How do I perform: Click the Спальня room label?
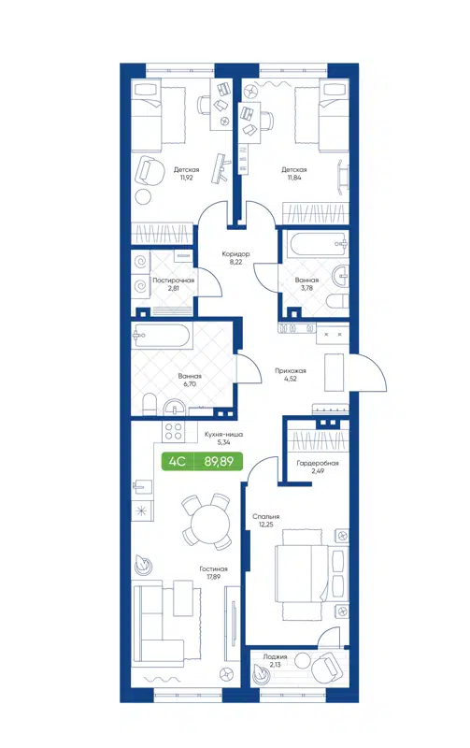[266, 515]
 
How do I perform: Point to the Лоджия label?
[275, 657]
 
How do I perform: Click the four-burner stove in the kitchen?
[173, 431]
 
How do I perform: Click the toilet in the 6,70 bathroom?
[149, 402]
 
